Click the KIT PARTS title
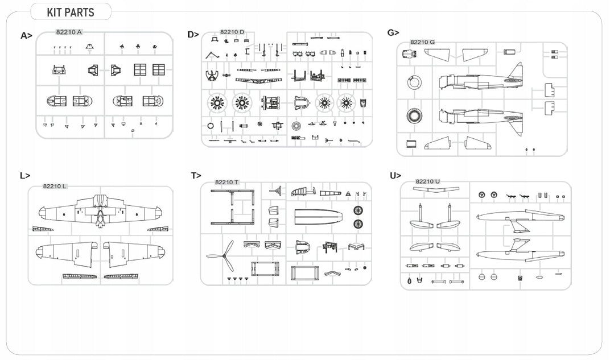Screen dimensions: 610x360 pyautogui.click(x=71, y=13)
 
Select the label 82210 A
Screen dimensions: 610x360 pyautogui.click(x=69, y=32)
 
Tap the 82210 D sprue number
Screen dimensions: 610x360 pyautogui.click(x=232, y=32)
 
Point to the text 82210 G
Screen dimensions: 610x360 pyautogui.click(x=422, y=42)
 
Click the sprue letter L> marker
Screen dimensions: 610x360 pyautogui.click(x=25, y=176)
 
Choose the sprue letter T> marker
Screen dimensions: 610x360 pyautogui.click(x=196, y=176)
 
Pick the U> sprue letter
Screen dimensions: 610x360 pyautogui.click(x=395, y=176)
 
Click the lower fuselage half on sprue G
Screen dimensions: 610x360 pyautogui.click(x=481, y=118)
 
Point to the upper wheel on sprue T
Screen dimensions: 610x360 pyautogui.click(x=358, y=211)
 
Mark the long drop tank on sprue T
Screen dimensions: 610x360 pyautogui.click(x=319, y=217)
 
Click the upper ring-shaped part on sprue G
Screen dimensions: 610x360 pyautogui.click(x=414, y=82)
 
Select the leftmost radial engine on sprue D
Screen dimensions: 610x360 pyautogui.click(x=216, y=103)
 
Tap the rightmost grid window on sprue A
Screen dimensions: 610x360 pyautogui.click(x=158, y=69)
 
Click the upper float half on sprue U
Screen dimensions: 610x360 pyautogui.click(x=521, y=217)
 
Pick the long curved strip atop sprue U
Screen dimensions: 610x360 pyautogui.click(x=436, y=190)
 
